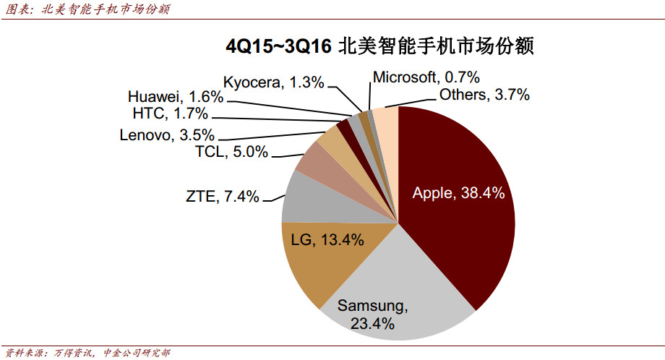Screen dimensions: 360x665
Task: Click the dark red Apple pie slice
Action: (x=463, y=217)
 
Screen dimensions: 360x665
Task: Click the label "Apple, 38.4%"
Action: (x=458, y=193)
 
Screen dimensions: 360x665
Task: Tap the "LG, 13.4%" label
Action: (x=327, y=240)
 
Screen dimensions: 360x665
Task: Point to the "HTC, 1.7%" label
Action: (x=171, y=113)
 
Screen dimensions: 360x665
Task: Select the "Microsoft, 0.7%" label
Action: (x=426, y=77)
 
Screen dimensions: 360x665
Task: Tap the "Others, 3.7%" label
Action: (x=484, y=94)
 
